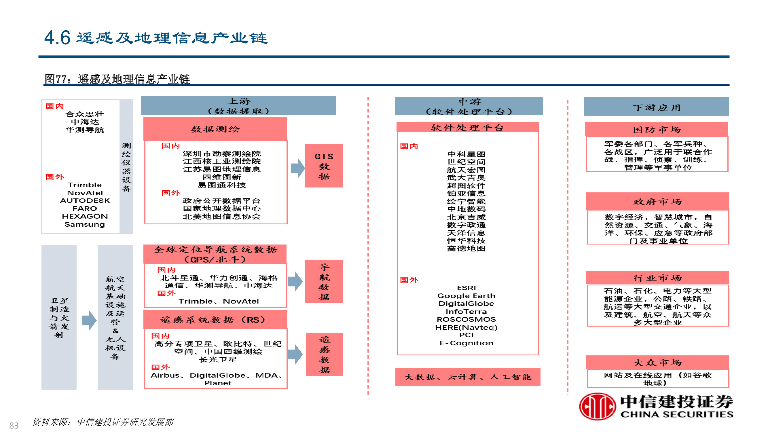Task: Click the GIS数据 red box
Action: click(x=324, y=166)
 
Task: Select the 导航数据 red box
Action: click(x=324, y=281)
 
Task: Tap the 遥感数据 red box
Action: click(x=324, y=354)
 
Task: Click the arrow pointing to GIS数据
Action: click(x=297, y=168)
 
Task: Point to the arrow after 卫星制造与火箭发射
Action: click(x=89, y=320)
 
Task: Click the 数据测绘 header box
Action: click(x=215, y=129)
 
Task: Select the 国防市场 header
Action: click(x=657, y=129)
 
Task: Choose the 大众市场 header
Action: click(x=657, y=362)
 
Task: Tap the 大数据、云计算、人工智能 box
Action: click(x=467, y=376)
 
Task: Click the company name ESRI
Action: click(x=466, y=288)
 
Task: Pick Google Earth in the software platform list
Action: click(x=466, y=296)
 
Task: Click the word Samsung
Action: click(x=85, y=224)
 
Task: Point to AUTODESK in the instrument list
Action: click(x=85, y=201)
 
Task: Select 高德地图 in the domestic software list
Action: click(x=466, y=248)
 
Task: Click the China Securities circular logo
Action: click(x=597, y=406)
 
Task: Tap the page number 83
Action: click(x=14, y=425)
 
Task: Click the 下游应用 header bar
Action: click(x=656, y=107)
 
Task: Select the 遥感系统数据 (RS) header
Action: click(x=215, y=320)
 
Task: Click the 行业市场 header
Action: click(x=657, y=278)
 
